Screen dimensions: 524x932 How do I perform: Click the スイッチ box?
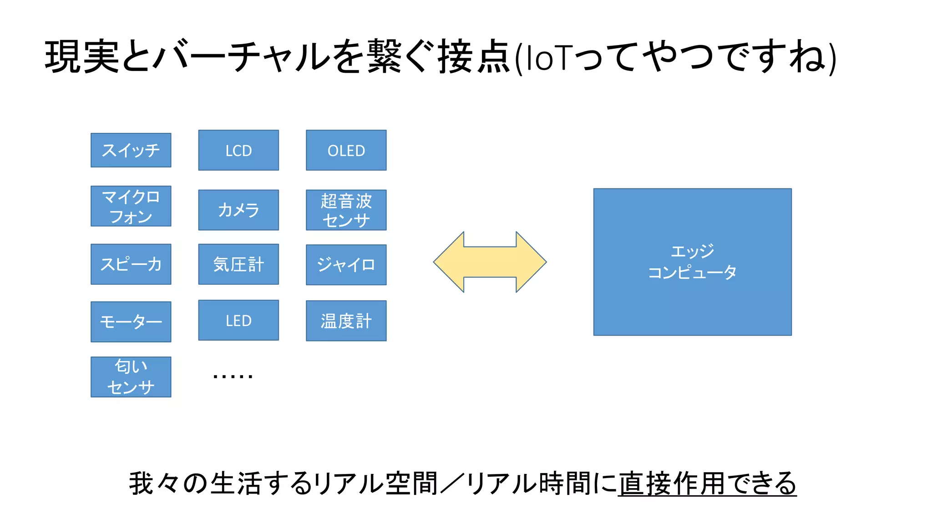pos(131,150)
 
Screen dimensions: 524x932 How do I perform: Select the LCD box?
pos(238,150)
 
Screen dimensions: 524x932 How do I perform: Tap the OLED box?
pos(346,150)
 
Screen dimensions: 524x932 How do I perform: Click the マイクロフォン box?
pos(131,206)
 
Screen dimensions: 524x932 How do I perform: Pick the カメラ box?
pos(238,210)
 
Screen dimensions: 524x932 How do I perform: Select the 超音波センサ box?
pos(346,210)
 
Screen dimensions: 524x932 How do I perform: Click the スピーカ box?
pos(131,264)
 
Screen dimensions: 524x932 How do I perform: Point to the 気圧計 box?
pos(238,264)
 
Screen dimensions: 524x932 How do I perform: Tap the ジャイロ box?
pos(346,265)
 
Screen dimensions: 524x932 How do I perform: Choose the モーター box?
pos(131,322)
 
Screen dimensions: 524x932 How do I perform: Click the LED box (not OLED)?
pos(238,320)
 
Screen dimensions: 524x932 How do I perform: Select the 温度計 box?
pos(346,321)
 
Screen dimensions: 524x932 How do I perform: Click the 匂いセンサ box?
pos(131,377)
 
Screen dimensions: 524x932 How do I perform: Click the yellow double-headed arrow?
pos(490,262)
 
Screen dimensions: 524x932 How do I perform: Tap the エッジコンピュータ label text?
pos(692,262)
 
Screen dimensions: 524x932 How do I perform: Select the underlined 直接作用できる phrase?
pos(707,483)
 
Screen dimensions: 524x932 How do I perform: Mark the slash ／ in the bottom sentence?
pos(451,483)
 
